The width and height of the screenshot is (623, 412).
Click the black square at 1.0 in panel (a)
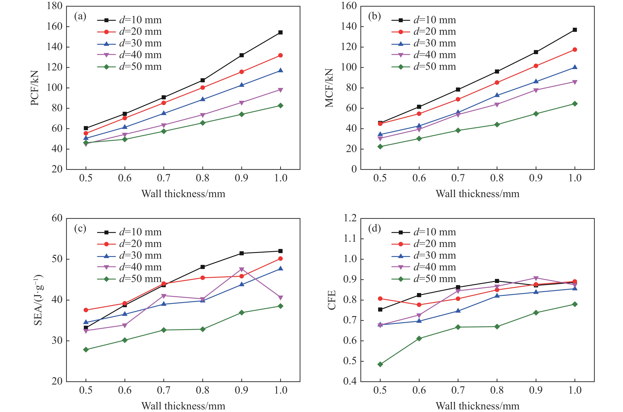280,32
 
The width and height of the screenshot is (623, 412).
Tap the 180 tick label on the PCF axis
55,6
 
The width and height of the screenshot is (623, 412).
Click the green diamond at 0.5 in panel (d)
380,364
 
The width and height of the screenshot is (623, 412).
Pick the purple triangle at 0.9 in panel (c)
242,270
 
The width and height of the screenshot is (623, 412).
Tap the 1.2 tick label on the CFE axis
350,218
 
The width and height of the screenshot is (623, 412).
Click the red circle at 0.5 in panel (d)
380,298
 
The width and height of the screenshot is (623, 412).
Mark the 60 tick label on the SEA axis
57,218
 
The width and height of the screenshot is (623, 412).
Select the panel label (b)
374,17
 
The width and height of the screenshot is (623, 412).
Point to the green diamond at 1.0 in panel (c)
280,306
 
